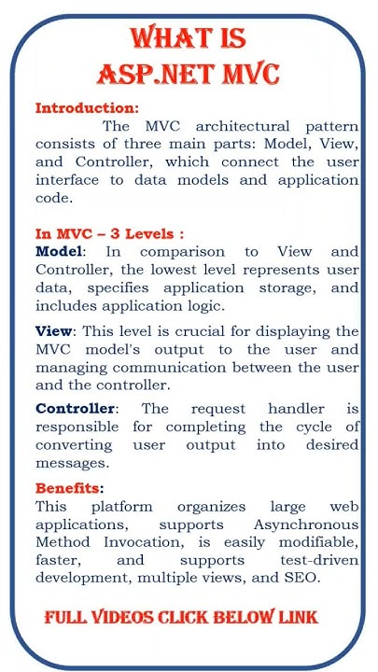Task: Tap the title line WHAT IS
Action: click(x=189, y=38)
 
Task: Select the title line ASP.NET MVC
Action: click(x=189, y=72)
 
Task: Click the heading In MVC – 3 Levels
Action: click(x=103, y=232)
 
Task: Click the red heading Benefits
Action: click(x=69, y=488)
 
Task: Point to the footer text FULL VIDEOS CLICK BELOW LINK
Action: click(x=181, y=617)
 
